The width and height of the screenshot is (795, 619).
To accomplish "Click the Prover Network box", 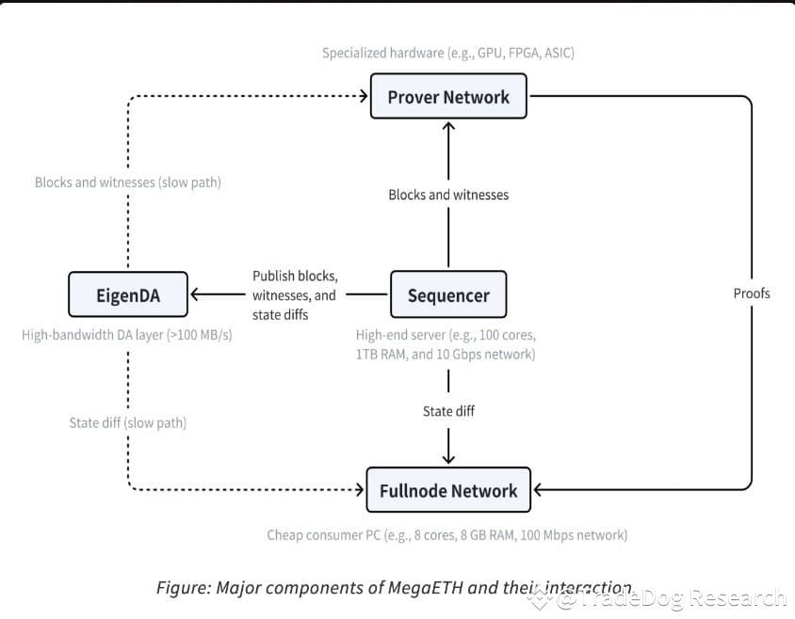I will coord(448,97).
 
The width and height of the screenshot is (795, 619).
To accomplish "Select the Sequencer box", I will coord(448,295).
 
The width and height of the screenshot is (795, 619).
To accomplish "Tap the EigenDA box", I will coord(127,295).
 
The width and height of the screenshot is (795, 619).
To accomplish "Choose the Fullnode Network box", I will coord(448,490).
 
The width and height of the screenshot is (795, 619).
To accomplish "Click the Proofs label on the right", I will coord(752,294).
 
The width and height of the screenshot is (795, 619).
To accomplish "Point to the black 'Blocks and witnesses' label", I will coord(448,195).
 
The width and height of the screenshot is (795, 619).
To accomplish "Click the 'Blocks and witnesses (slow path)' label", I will coord(128,183).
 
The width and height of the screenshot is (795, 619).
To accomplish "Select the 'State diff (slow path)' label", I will coord(128,422).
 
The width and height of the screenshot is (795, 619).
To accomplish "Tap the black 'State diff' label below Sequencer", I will coord(448,411).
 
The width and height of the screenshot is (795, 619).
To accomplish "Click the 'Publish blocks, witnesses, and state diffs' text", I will coord(294,295).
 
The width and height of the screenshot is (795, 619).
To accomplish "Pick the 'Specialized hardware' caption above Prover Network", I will coord(448,53).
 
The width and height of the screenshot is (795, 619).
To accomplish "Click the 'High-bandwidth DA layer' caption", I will coord(128,334).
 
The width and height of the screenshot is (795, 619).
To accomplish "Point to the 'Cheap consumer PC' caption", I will coord(447,535).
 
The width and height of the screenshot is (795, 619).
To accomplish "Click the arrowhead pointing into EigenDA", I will coord(196,294).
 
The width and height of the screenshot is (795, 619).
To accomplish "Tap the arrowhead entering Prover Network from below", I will coord(448,125).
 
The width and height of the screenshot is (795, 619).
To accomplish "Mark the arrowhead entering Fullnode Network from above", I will coord(448,459).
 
